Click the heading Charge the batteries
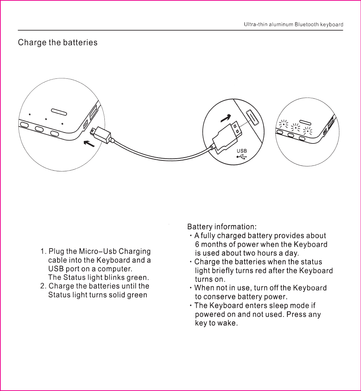(58, 43)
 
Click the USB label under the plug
(242, 151)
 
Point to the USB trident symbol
(242, 157)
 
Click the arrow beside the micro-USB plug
(89, 144)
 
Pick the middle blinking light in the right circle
(296, 128)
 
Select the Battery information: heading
(222, 227)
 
